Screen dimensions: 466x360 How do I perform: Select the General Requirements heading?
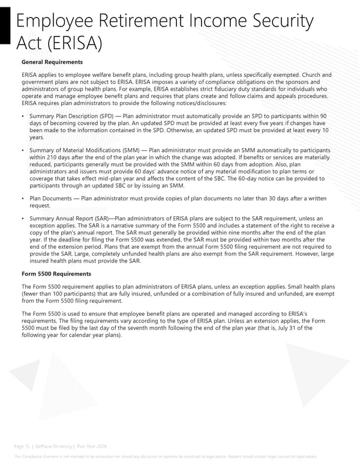tap(52, 62)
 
